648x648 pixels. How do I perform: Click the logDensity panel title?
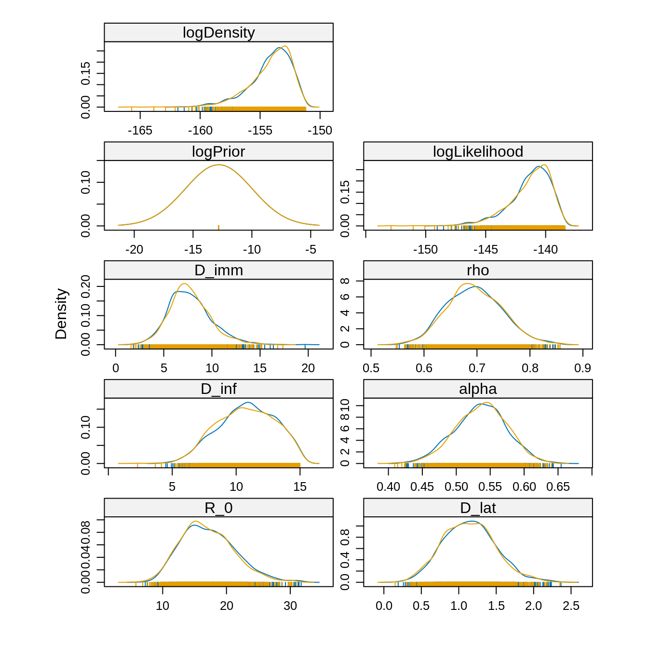(x=218, y=33)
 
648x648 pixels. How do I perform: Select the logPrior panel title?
(x=218, y=152)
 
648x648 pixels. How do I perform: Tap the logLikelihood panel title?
(x=478, y=152)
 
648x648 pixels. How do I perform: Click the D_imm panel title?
(x=218, y=270)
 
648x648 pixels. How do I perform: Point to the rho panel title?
(x=478, y=270)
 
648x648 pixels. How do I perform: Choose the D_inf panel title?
(x=218, y=389)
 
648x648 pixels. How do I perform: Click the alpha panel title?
(x=478, y=389)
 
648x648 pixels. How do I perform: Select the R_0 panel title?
(x=218, y=508)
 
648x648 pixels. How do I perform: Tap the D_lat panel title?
(x=478, y=508)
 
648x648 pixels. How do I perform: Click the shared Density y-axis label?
(x=61, y=314)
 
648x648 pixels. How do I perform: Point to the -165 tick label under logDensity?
(x=140, y=131)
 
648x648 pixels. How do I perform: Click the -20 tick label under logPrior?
(x=134, y=250)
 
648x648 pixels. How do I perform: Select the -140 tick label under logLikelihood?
(x=545, y=250)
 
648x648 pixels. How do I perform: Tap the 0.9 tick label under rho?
(x=582, y=368)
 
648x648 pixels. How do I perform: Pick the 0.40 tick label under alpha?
(x=388, y=487)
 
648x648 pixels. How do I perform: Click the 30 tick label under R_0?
(x=290, y=606)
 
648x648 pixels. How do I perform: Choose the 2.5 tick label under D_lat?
(x=571, y=606)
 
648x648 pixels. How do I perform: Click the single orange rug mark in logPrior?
(x=218, y=227)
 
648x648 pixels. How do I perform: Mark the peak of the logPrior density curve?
(x=218, y=165)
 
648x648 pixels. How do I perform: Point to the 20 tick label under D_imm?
(x=308, y=368)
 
